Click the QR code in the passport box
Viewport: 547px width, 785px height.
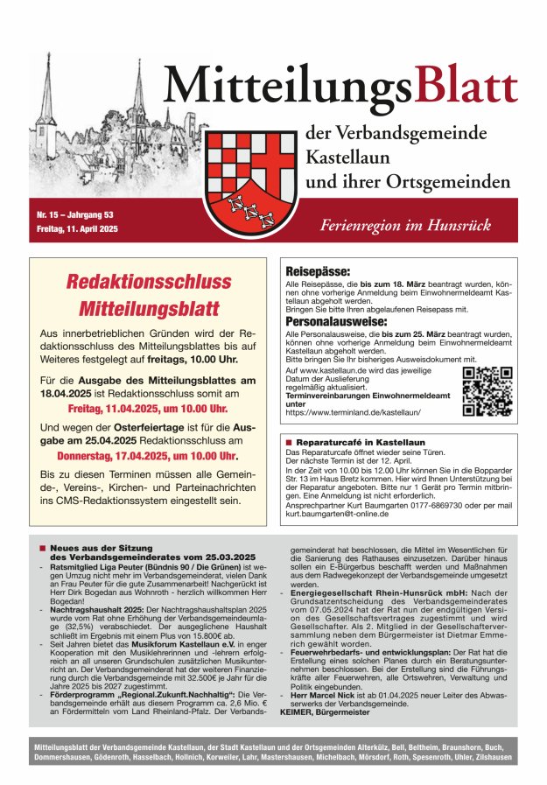pyautogui.click(x=487, y=391)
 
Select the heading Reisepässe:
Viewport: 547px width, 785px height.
pyautogui.click(x=319, y=272)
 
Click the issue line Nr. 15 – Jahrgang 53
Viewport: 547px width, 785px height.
pyautogui.click(x=74, y=215)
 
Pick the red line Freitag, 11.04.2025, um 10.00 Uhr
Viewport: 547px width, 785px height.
pyautogui.click(x=148, y=409)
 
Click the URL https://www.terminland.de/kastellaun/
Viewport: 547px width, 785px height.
pyautogui.click(x=354, y=411)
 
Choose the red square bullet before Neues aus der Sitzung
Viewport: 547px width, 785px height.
pyautogui.click(x=41, y=548)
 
